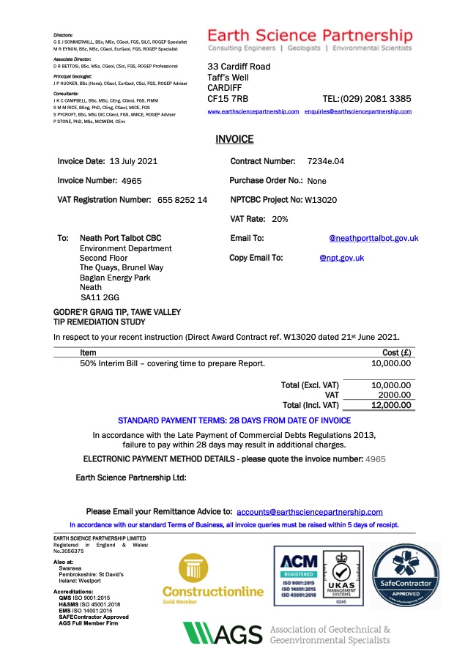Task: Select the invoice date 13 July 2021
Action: (133, 161)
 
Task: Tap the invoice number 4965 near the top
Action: (131, 180)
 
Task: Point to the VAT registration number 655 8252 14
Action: (182, 199)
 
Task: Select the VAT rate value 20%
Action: (280, 218)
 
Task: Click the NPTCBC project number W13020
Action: (321, 199)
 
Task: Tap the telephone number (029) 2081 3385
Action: (376, 98)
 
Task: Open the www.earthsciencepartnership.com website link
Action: (253, 111)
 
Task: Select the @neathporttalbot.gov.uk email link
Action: (373, 238)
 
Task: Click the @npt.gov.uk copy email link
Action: (342, 258)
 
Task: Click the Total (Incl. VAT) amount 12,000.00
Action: (392, 404)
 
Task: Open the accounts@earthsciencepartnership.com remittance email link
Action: (310, 512)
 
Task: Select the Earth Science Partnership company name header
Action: (310, 35)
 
